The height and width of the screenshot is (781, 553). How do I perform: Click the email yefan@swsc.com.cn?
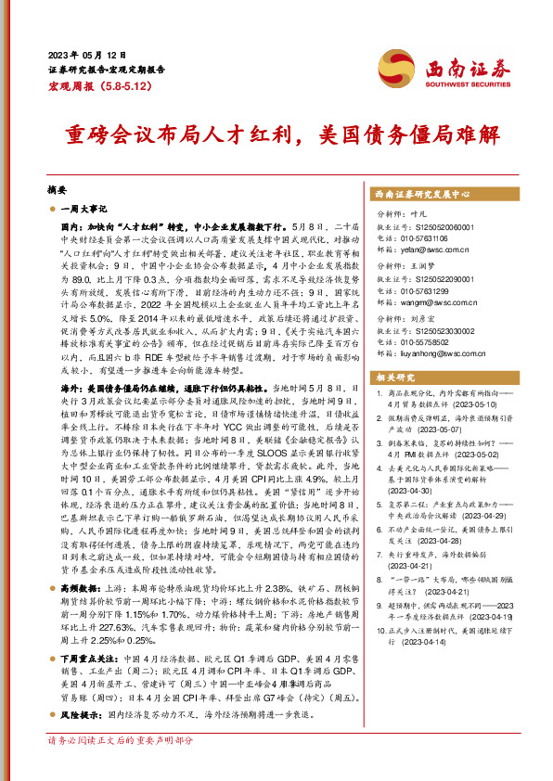point(422,250)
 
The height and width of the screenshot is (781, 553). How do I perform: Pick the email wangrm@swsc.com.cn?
point(424,302)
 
